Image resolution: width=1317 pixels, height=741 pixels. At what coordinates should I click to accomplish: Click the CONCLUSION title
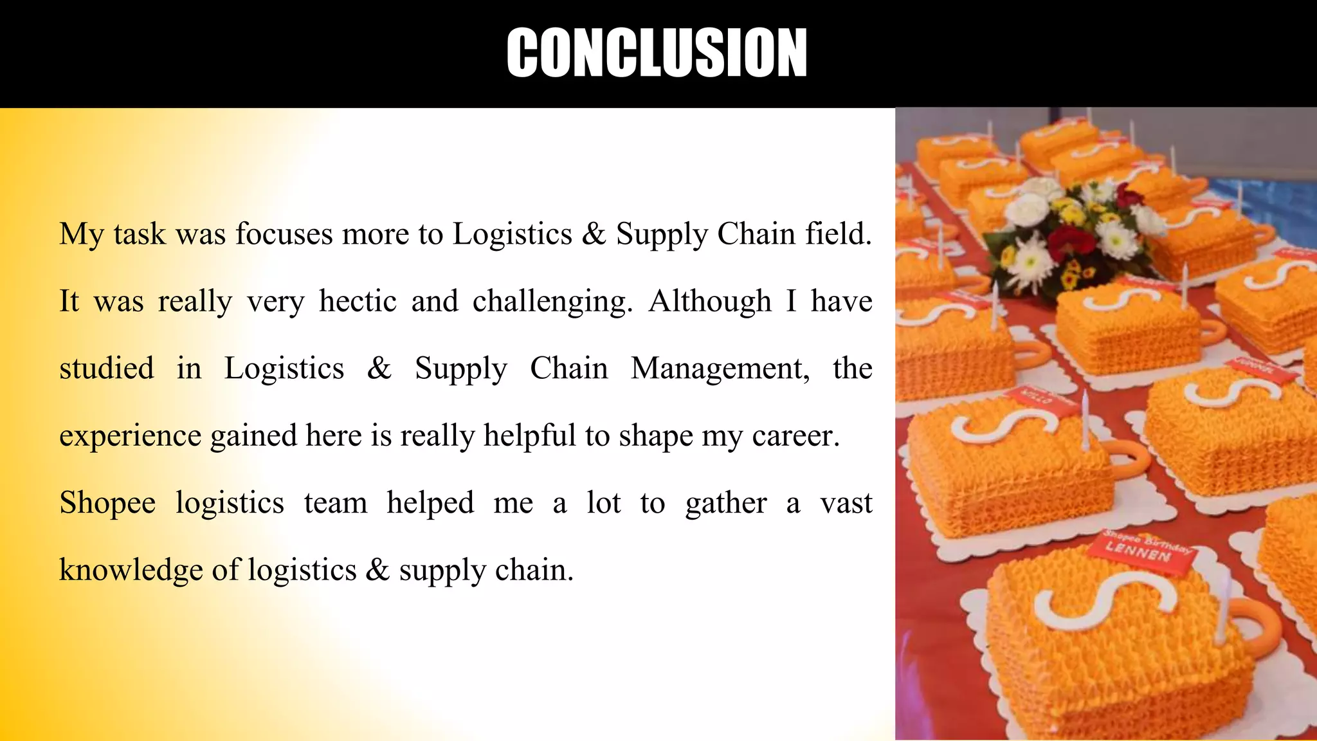(x=657, y=53)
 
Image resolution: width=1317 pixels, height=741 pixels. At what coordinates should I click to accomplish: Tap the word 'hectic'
(x=358, y=302)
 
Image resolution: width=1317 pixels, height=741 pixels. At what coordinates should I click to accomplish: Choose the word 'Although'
(x=710, y=302)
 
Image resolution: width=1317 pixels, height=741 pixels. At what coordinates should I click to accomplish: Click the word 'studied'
(x=107, y=369)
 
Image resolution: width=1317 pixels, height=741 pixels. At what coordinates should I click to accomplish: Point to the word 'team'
(x=336, y=503)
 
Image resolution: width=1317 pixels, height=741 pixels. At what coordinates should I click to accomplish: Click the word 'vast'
(x=846, y=503)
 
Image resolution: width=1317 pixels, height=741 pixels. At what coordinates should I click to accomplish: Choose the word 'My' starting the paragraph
(x=81, y=235)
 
